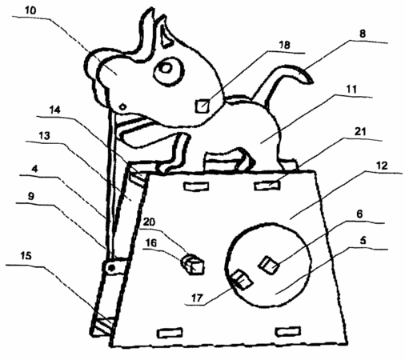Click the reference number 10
(x=30, y=10)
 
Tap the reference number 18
(x=284, y=45)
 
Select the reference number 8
(x=363, y=34)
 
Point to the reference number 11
(x=351, y=89)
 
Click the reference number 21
(x=360, y=131)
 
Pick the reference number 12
(x=382, y=166)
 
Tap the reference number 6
(x=360, y=214)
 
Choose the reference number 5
(x=363, y=240)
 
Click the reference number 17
(x=197, y=298)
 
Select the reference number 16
(x=151, y=243)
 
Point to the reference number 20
(x=149, y=222)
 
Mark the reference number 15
(x=26, y=256)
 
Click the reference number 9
(x=31, y=196)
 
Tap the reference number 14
(x=55, y=110)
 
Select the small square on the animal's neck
(x=202, y=106)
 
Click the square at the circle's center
(x=268, y=265)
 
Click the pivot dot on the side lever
(x=112, y=267)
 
